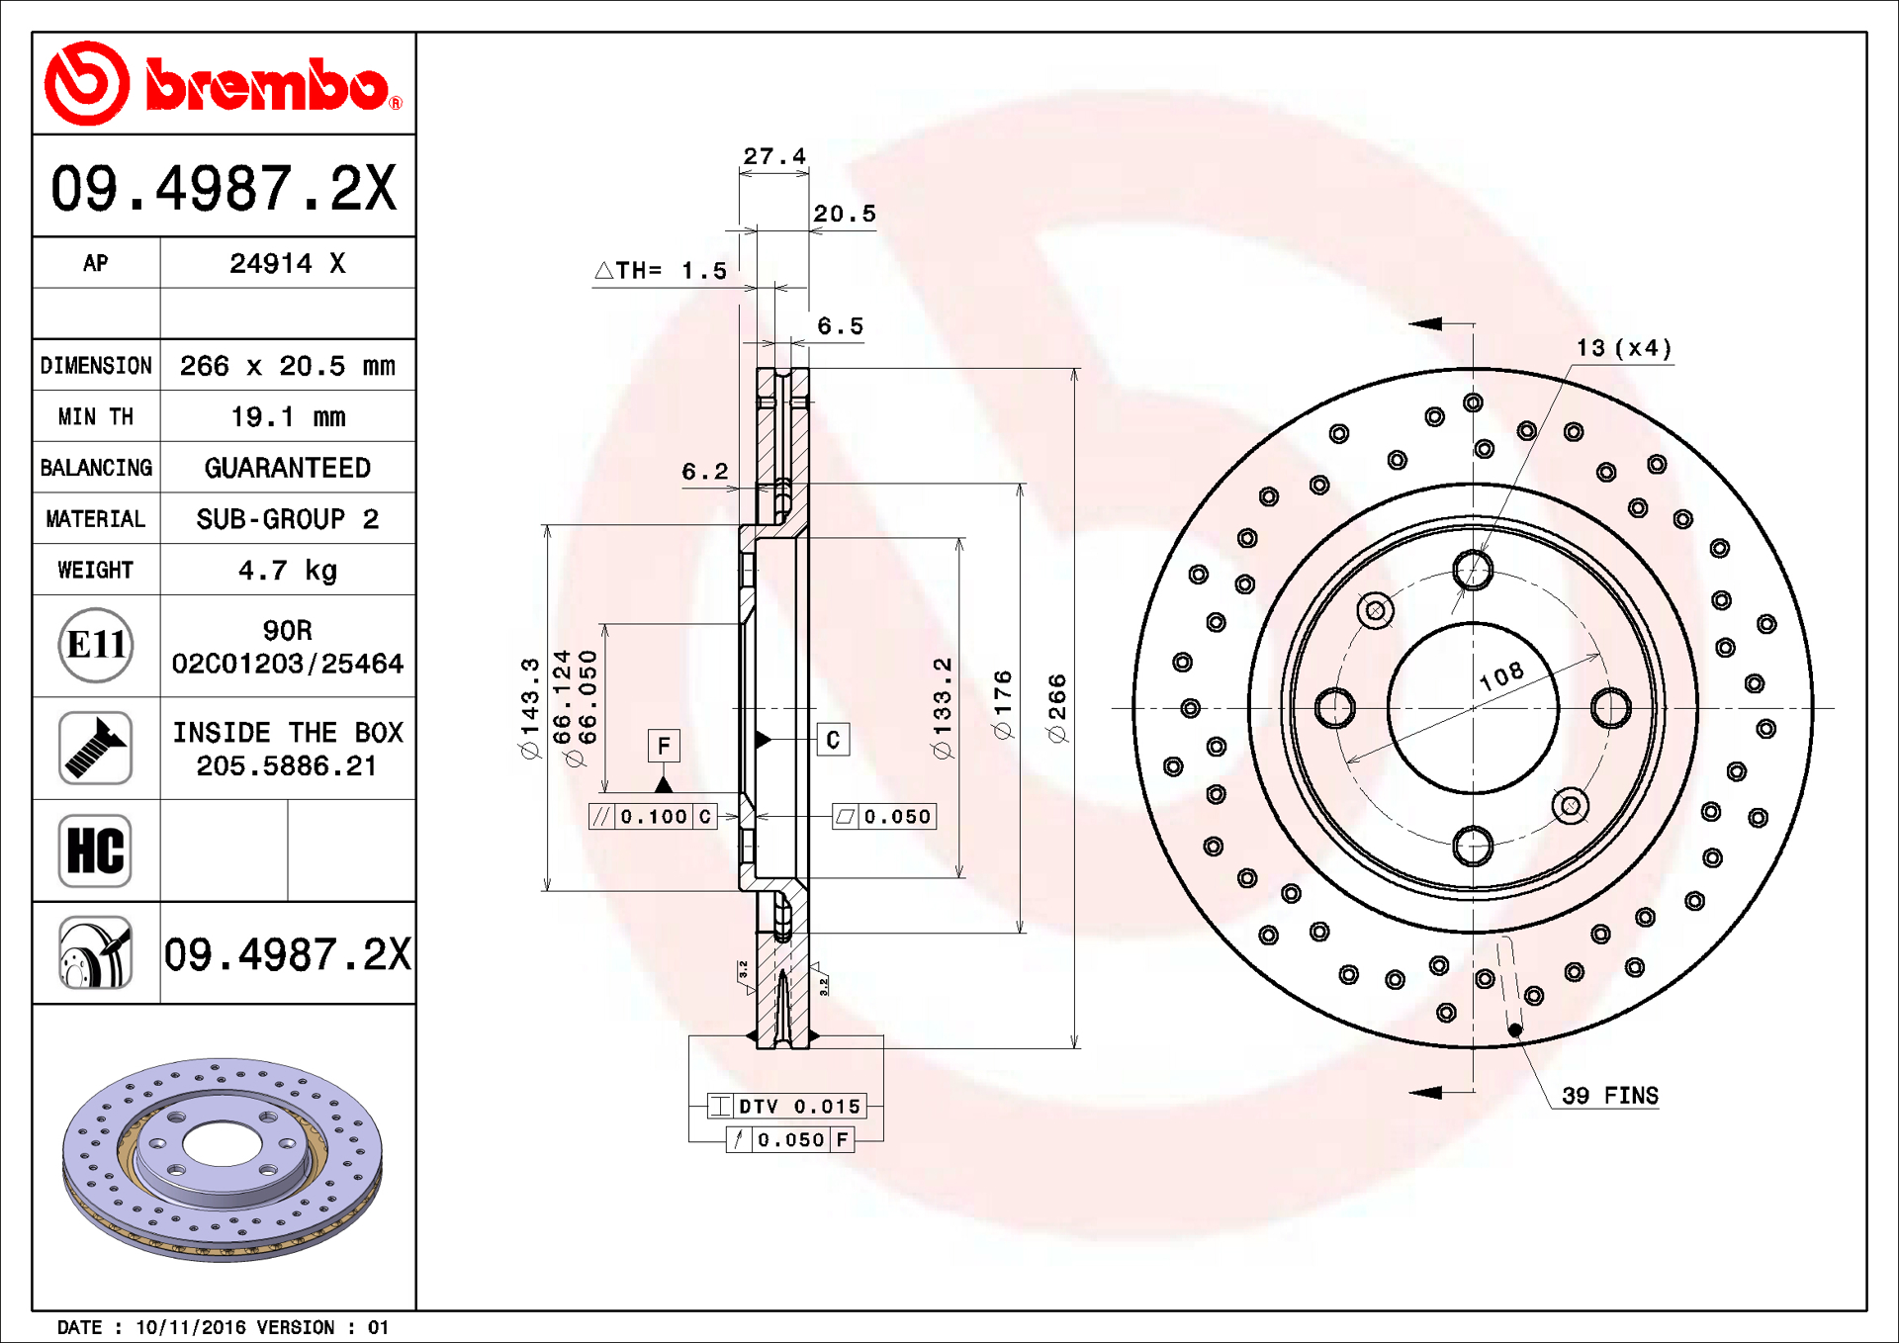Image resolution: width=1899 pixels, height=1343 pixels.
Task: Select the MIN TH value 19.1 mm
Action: click(288, 417)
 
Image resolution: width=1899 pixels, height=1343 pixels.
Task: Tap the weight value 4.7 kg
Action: click(288, 571)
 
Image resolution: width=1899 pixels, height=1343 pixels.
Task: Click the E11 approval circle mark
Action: click(96, 645)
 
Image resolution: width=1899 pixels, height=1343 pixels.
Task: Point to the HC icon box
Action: click(95, 851)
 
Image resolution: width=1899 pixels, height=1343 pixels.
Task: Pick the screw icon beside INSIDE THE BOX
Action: click(95, 748)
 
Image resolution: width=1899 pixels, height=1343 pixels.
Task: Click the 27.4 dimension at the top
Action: click(774, 156)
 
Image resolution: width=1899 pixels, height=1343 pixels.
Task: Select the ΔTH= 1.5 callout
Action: click(661, 270)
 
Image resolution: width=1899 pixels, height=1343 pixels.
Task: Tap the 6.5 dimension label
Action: click(840, 325)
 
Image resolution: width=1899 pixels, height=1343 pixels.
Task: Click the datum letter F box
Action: click(664, 746)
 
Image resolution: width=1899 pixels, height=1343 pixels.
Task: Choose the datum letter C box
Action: click(833, 740)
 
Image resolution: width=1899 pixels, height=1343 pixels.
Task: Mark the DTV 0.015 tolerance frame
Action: click(786, 1106)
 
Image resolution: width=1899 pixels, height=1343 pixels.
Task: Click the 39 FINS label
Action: click(1610, 1096)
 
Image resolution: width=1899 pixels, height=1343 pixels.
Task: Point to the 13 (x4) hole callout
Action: click(1624, 348)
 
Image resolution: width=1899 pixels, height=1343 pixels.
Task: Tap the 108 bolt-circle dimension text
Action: click(1501, 676)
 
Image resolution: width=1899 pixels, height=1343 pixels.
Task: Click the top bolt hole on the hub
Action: click(1473, 571)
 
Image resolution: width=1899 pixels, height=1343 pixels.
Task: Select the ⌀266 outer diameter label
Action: click(1057, 707)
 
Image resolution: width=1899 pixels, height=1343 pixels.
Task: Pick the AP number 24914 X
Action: click(288, 263)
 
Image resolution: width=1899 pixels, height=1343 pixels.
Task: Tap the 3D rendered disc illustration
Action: click(223, 1159)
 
